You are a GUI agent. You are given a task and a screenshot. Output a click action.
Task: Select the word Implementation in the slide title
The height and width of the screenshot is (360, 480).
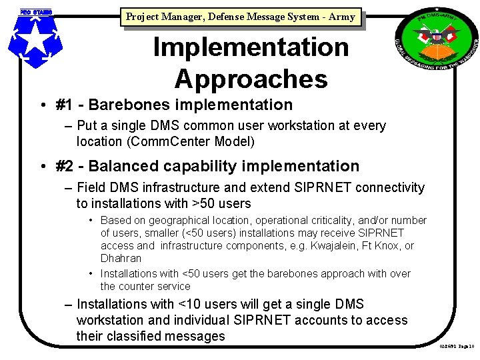(251, 47)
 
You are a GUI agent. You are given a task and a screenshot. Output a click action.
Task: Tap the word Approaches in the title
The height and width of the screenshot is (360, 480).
(251, 79)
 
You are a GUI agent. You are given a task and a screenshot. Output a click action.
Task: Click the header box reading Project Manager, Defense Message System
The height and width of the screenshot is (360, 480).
(241, 17)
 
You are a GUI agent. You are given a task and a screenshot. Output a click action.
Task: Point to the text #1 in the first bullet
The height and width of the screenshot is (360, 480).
(65, 105)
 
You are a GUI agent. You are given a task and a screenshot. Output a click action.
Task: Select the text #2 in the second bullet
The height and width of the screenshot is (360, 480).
(65, 166)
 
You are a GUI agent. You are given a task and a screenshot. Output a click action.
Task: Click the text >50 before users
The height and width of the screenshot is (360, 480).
(203, 203)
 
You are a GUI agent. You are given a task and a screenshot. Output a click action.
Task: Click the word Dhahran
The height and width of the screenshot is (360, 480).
(121, 258)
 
